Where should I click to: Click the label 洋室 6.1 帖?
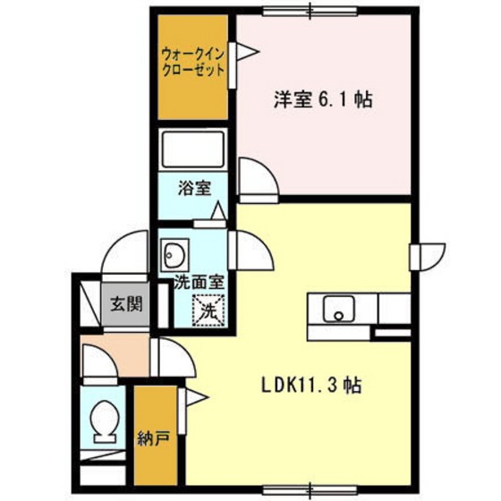[323, 99]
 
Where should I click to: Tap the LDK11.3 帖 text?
[311, 385]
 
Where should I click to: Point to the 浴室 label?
[195, 188]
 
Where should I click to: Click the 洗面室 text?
[199, 282]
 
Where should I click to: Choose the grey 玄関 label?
[126, 303]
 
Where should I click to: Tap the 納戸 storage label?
[153, 438]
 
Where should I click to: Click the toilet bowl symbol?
[105, 421]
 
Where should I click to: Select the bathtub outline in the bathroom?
[193, 149]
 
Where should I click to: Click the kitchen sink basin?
[339, 309]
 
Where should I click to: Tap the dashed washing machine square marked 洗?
[208, 310]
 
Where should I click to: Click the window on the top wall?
[310, 12]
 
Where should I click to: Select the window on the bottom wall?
[310, 489]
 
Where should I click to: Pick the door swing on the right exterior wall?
[429, 258]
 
